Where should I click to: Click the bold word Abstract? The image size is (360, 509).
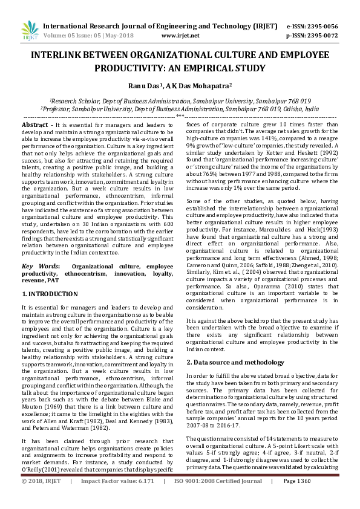tap(35, 124)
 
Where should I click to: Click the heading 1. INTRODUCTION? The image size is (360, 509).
tap(50, 294)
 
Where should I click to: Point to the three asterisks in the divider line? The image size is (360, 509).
tap(180, 115)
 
